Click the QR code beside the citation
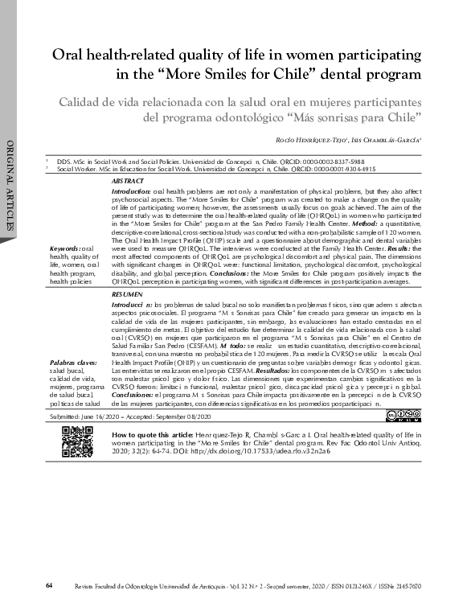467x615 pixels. pos(77,441)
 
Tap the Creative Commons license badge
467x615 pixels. pos(403,415)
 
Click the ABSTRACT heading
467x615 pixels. pos(126,183)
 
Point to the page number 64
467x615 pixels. pos(50,584)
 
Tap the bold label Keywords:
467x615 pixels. pos(64,250)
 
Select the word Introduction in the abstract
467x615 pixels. pos(130,192)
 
